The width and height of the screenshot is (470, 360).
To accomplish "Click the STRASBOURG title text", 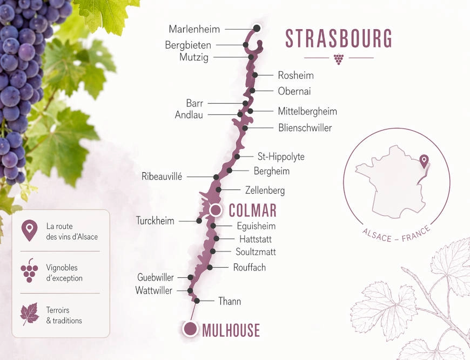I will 339,39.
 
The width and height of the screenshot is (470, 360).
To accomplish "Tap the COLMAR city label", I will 252,210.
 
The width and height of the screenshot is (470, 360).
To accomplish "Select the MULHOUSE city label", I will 231,330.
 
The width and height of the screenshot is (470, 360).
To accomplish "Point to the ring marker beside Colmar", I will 216,209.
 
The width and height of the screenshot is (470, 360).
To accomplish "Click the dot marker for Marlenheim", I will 257,28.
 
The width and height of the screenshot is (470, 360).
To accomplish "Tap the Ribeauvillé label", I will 162,176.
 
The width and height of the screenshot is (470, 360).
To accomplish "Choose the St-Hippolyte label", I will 280,157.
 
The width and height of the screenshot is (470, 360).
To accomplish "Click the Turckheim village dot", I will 199,221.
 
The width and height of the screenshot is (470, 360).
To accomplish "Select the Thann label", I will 229,301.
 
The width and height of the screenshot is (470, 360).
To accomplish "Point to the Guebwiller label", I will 156,277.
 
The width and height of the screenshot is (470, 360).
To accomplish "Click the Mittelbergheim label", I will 307,112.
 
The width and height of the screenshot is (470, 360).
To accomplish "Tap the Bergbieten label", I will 188,45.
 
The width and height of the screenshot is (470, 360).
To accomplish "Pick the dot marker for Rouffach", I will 210,268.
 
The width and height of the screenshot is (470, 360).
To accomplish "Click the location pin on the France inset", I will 424,161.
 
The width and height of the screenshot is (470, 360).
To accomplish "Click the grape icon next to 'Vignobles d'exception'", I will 29,270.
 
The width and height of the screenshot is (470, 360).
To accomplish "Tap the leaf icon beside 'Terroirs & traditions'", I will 29,314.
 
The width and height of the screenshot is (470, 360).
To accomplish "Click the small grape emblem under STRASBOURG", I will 339,59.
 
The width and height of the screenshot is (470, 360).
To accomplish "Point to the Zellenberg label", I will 265,191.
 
